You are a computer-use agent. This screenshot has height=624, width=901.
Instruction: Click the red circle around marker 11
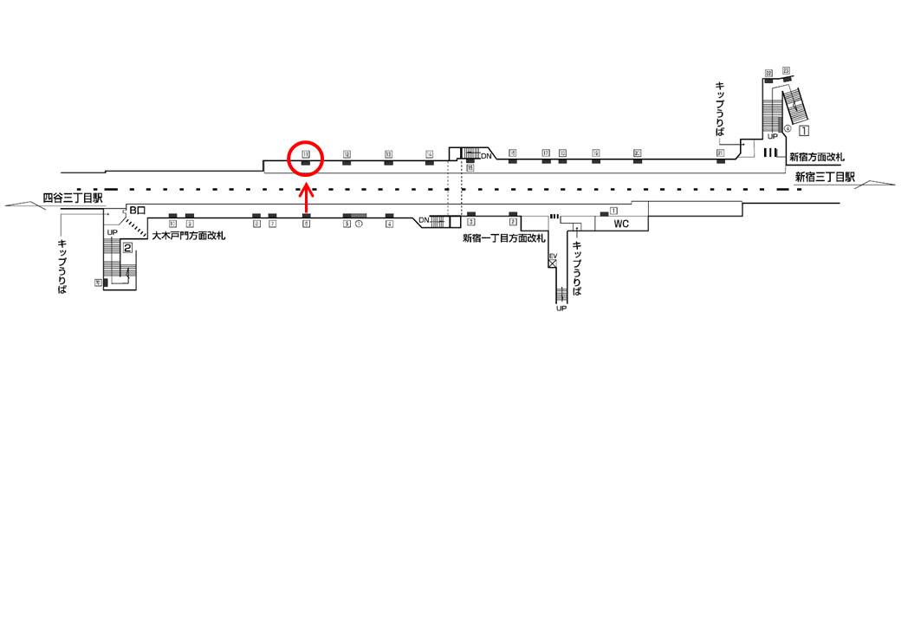306,158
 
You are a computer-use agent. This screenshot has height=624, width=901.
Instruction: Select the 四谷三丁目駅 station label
73,198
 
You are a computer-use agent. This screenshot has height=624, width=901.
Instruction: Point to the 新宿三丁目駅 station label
825,177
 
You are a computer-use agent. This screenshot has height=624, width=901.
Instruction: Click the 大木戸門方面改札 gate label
188,235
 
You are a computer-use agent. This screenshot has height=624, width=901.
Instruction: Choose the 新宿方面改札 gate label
817,157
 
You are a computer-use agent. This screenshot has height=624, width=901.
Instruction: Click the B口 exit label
138,211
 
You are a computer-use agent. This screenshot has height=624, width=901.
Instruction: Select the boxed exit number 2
127,249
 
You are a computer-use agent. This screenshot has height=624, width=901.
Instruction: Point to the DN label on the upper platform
487,155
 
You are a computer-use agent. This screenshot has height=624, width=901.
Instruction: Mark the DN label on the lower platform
424,220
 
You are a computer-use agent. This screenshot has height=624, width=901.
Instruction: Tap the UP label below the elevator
561,309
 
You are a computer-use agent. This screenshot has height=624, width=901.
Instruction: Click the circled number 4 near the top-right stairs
788,129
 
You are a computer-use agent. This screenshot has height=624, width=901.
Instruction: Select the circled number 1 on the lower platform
358,224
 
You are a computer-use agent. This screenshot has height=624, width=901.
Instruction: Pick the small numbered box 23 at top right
786,70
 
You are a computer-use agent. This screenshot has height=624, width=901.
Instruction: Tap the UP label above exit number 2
112,232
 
